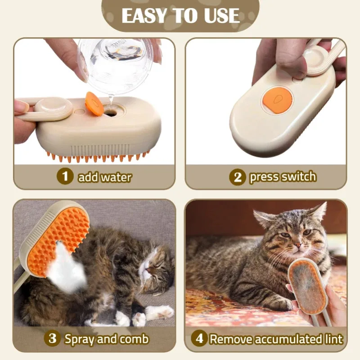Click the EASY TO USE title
pyautogui.click(x=180, y=15)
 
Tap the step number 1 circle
pyautogui.click(x=65, y=176)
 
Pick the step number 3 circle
pyautogui.click(x=52, y=338)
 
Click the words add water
pyautogui.click(x=104, y=177)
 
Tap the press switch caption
pyautogui.click(x=283, y=177)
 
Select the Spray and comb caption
pyautogui.click(x=106, y=338)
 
